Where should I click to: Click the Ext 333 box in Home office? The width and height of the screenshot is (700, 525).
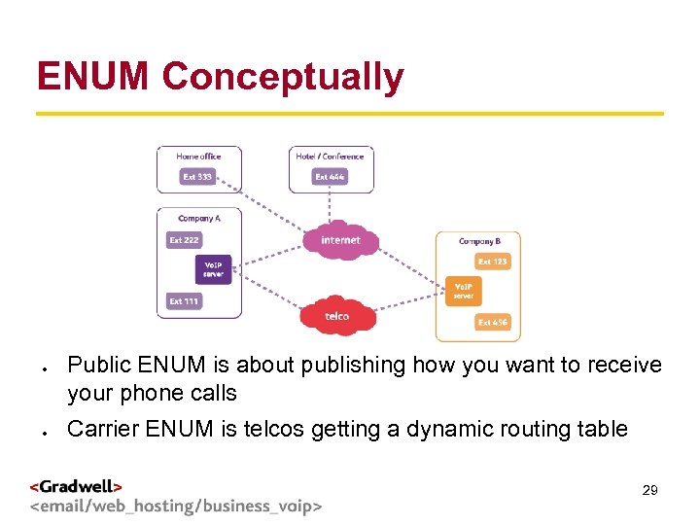click(197, 177)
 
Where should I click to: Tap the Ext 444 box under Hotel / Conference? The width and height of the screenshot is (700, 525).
click(330, 177)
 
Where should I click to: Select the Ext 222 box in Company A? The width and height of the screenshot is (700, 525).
click(184, 239)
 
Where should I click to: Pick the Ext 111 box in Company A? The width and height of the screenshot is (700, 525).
click(184, 301)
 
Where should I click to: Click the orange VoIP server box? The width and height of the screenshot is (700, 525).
click(464, 291)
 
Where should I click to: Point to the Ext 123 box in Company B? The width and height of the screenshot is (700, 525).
click(492, 262)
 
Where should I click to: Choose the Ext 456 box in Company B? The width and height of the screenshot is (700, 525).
click(492, 322)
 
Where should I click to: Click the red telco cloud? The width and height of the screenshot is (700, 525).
click(336, 316)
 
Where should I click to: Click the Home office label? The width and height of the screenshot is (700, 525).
click(198, 157)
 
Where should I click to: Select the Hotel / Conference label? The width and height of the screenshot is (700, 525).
click(331, 157)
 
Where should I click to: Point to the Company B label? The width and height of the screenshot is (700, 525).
click(479, 240)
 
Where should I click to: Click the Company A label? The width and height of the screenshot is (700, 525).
click(199, 219)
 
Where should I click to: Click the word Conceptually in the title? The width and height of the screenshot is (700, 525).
click(283, 77)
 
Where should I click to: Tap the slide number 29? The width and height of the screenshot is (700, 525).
click(649, 491)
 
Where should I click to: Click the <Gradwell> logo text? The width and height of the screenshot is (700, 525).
click(76, 486)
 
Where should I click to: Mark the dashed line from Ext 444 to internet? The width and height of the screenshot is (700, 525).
click(331, 205)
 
